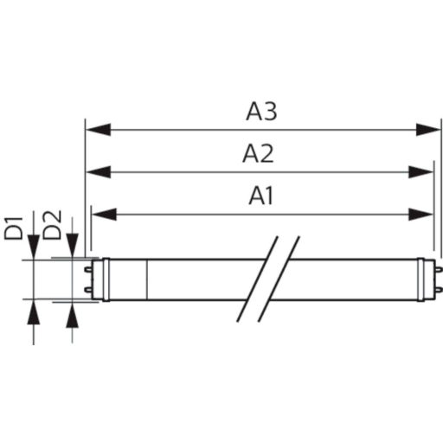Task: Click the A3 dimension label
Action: tap(263, 112)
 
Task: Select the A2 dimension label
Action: tap(258, 154)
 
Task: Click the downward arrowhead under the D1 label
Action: tap(34, 247)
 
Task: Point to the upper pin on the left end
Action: tap(87, 270)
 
